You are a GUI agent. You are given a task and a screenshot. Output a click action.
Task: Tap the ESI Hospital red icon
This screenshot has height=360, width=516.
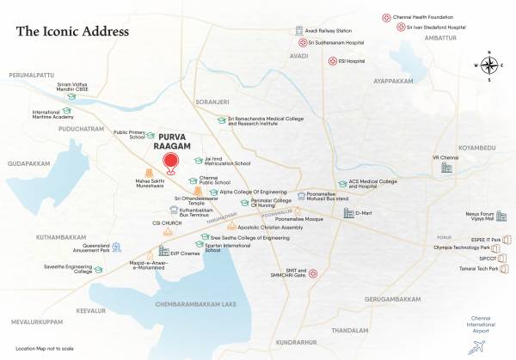coord(333,61)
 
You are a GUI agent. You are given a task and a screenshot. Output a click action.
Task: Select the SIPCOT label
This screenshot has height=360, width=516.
coord(488,258)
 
